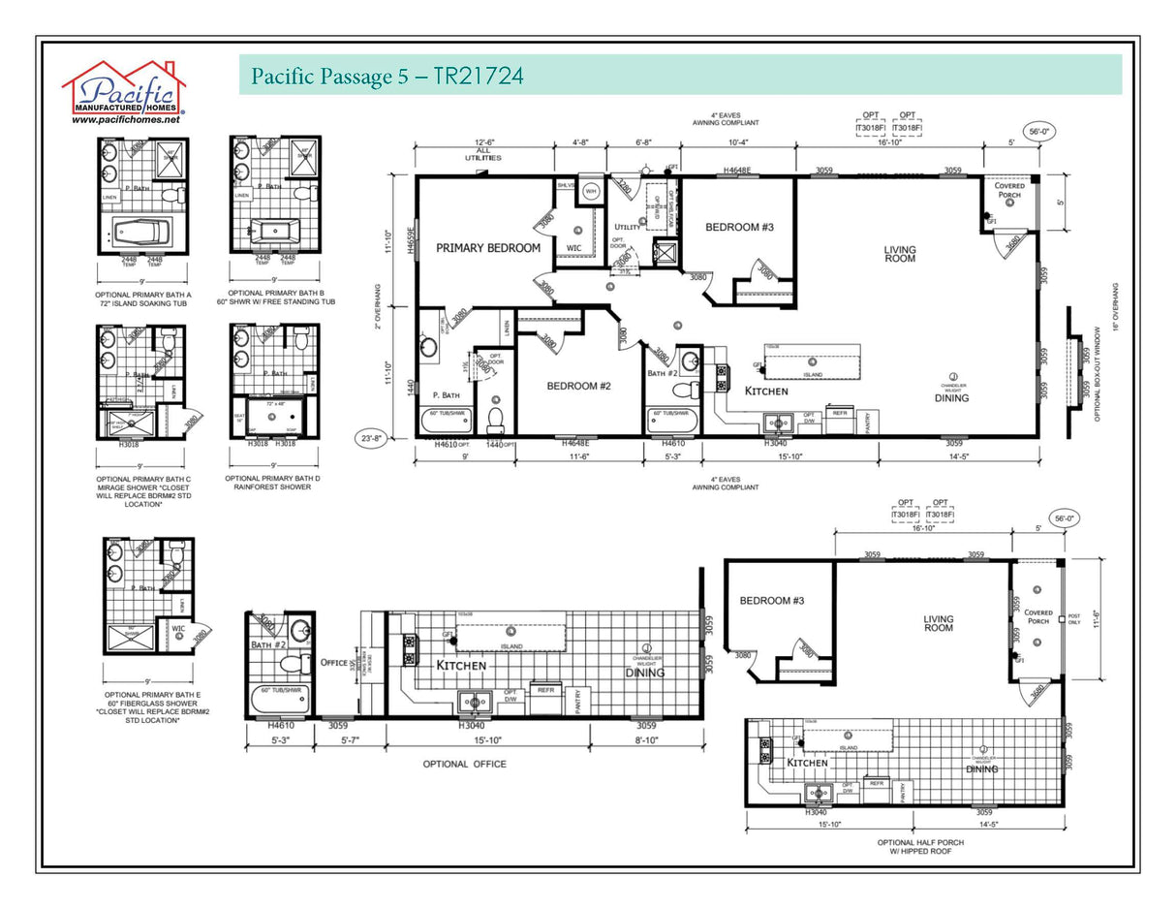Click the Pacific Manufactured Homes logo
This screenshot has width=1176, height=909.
[x=123, y=88]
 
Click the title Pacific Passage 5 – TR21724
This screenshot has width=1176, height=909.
[x=387, y=76]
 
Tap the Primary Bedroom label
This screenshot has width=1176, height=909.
[x=487, y=248]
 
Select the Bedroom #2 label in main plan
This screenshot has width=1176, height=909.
[x=578, y=386]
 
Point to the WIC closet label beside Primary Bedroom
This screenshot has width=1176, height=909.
[x=574, y=248]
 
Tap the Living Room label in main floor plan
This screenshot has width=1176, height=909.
[x=899, y=254]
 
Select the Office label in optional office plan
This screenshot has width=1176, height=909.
[x=334, y=663]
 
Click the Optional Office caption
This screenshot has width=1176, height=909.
[x=464, y=764]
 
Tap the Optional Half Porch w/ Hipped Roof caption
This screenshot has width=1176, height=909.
[x=919, y=847]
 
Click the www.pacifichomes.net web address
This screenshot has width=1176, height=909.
[x=125, y=120]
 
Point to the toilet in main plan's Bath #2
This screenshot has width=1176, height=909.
[x=686, y=391]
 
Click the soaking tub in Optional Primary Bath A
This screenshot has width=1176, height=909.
[x=141, y=233]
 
